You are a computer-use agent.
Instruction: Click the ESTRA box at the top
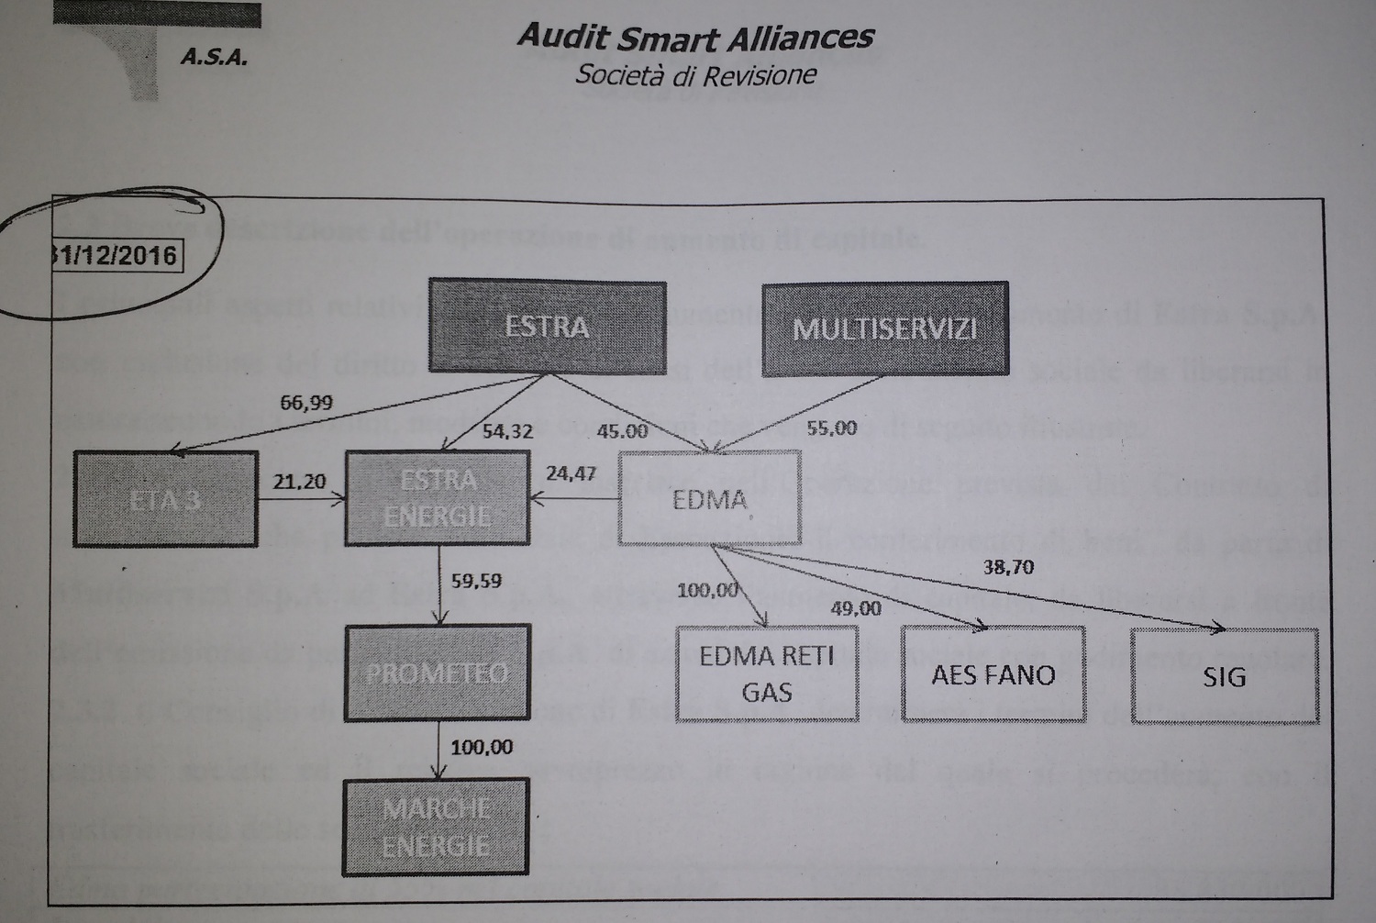547,327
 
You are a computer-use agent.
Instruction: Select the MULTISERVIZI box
884,328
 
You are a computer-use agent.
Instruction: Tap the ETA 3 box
165,500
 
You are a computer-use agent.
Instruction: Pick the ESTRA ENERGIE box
438,498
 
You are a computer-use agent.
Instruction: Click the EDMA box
710,499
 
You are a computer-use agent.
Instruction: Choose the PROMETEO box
437,673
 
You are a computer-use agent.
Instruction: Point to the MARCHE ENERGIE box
437,826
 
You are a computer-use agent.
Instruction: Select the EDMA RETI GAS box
767,673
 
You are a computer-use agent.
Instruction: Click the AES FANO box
993,675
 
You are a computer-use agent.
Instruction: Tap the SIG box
1224,677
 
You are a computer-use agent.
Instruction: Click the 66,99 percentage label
306,402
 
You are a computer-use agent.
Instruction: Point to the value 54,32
507,431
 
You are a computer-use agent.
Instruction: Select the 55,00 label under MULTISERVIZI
832,428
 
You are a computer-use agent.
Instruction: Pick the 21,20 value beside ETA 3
299,482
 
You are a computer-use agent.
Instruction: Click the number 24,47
571,473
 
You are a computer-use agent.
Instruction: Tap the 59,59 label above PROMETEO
476,580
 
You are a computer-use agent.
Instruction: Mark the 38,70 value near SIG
1008,567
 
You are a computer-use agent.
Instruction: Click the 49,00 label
856,608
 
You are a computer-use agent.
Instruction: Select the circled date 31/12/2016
114,254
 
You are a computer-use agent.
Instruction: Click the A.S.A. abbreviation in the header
214,58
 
